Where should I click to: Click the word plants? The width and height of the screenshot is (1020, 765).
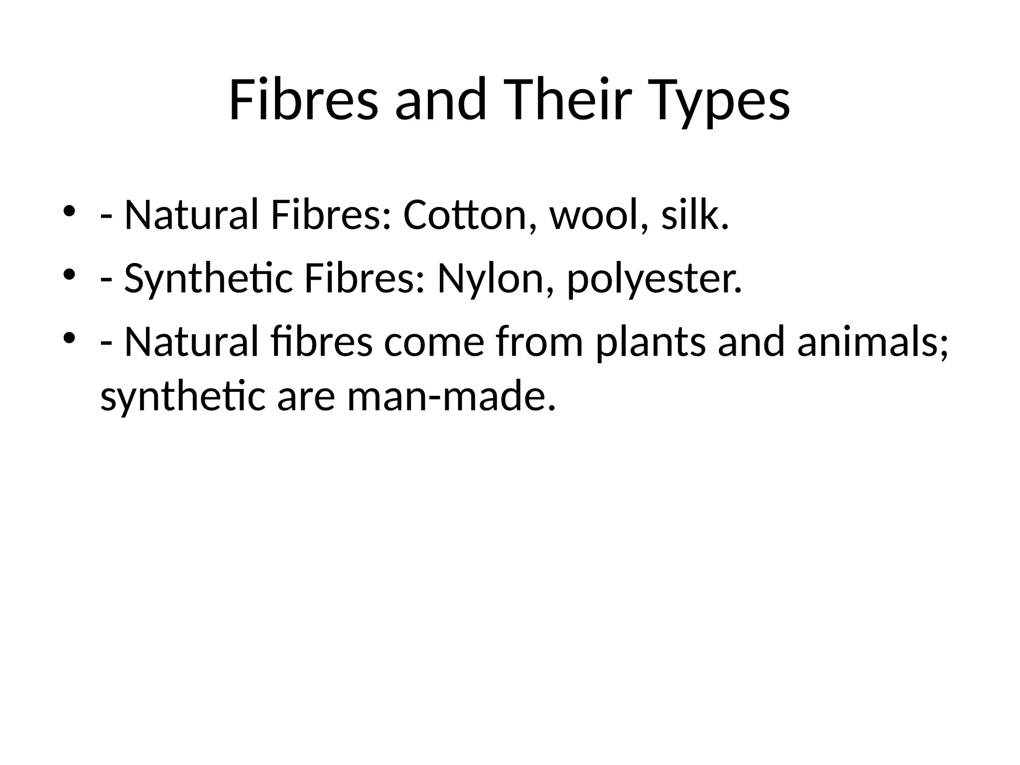coord(650,344)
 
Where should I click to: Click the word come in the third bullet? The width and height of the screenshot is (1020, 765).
coord(434,344)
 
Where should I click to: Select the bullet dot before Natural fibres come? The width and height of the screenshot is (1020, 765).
coord(69,338)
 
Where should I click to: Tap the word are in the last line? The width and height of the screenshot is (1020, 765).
coord(306,398)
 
